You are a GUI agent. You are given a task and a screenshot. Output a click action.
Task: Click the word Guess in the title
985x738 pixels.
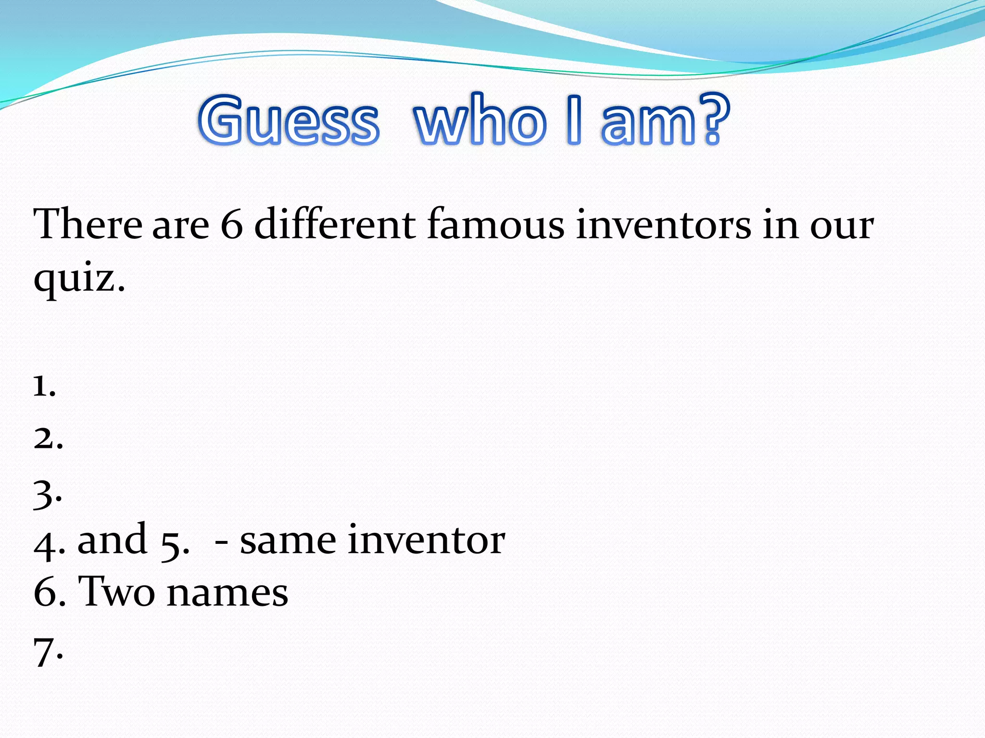point(289,120)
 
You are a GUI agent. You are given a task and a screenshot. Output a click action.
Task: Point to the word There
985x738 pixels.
point(88,224)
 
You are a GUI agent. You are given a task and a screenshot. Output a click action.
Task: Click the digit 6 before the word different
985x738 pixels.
point(232,225)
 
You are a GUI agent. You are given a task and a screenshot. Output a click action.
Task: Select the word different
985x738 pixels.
point(335,224)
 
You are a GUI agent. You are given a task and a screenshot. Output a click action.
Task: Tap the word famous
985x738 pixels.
point(495,224)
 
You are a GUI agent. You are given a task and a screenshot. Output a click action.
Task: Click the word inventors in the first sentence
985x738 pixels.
point(663,224)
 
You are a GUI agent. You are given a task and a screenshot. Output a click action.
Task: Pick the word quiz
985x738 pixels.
point(79,279)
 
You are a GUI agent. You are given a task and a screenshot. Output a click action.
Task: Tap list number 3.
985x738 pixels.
point(47,495)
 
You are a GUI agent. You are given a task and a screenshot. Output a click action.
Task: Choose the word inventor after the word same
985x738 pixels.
point(426,540)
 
